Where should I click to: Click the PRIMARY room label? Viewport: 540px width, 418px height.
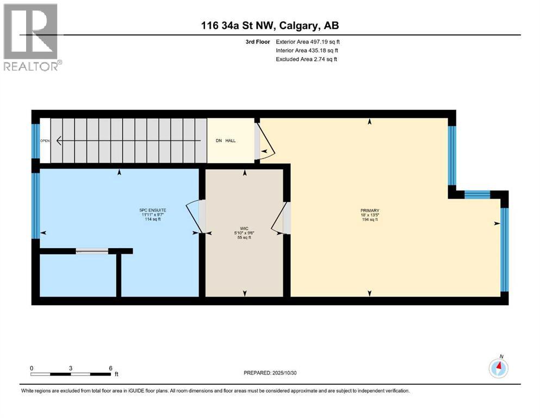(369, 211)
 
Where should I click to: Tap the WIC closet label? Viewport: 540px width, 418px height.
(244, 228)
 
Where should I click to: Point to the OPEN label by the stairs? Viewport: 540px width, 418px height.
(45, 141)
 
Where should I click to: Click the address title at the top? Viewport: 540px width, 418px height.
(270, 25)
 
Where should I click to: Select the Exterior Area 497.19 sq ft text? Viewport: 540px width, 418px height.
(308, 41)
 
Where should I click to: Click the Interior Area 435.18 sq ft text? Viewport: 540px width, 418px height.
(308, 50)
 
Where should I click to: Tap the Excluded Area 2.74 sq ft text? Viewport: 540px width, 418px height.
(307, 59)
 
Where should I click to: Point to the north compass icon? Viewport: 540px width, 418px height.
(498, 368)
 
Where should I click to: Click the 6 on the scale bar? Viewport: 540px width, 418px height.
(111, 368)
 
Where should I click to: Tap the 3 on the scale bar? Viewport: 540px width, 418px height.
(71, 368)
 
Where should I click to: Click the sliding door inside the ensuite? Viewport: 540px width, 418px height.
(92, 251)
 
